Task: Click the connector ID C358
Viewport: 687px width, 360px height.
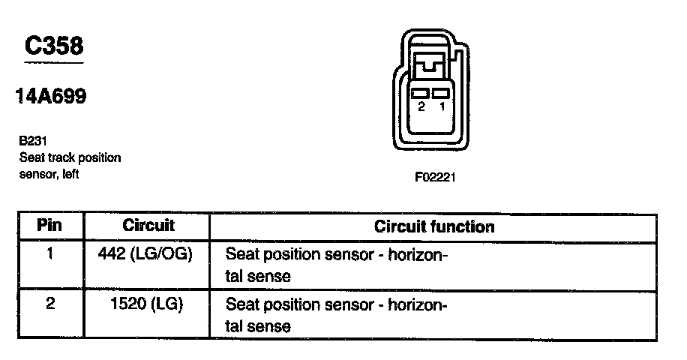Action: (54, 46)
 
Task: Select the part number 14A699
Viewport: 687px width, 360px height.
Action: (50, 96)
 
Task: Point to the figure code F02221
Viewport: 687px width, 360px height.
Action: (435, 178)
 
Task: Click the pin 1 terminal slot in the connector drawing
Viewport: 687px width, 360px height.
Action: (442, 93)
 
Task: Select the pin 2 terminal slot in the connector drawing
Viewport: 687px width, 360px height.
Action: (421, 93)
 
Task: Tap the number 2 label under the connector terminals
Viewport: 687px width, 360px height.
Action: (421, 107)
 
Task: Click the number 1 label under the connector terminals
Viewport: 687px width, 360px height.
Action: (442, 107)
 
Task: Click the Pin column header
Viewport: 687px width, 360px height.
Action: (50, 225)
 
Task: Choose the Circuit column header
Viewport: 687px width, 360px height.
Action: (148, 225)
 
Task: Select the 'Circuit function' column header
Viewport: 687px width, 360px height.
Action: (434, 226)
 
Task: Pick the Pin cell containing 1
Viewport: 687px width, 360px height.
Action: (50, 253)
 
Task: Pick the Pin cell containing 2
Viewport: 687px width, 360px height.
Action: (50, 304)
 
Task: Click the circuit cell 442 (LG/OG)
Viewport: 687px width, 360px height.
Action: (145, 253)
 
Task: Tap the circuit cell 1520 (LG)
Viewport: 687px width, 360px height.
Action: (146, 304)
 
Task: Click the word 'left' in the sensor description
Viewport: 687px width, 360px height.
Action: (67, 174)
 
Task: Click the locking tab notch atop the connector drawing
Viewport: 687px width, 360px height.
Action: (431, 66)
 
